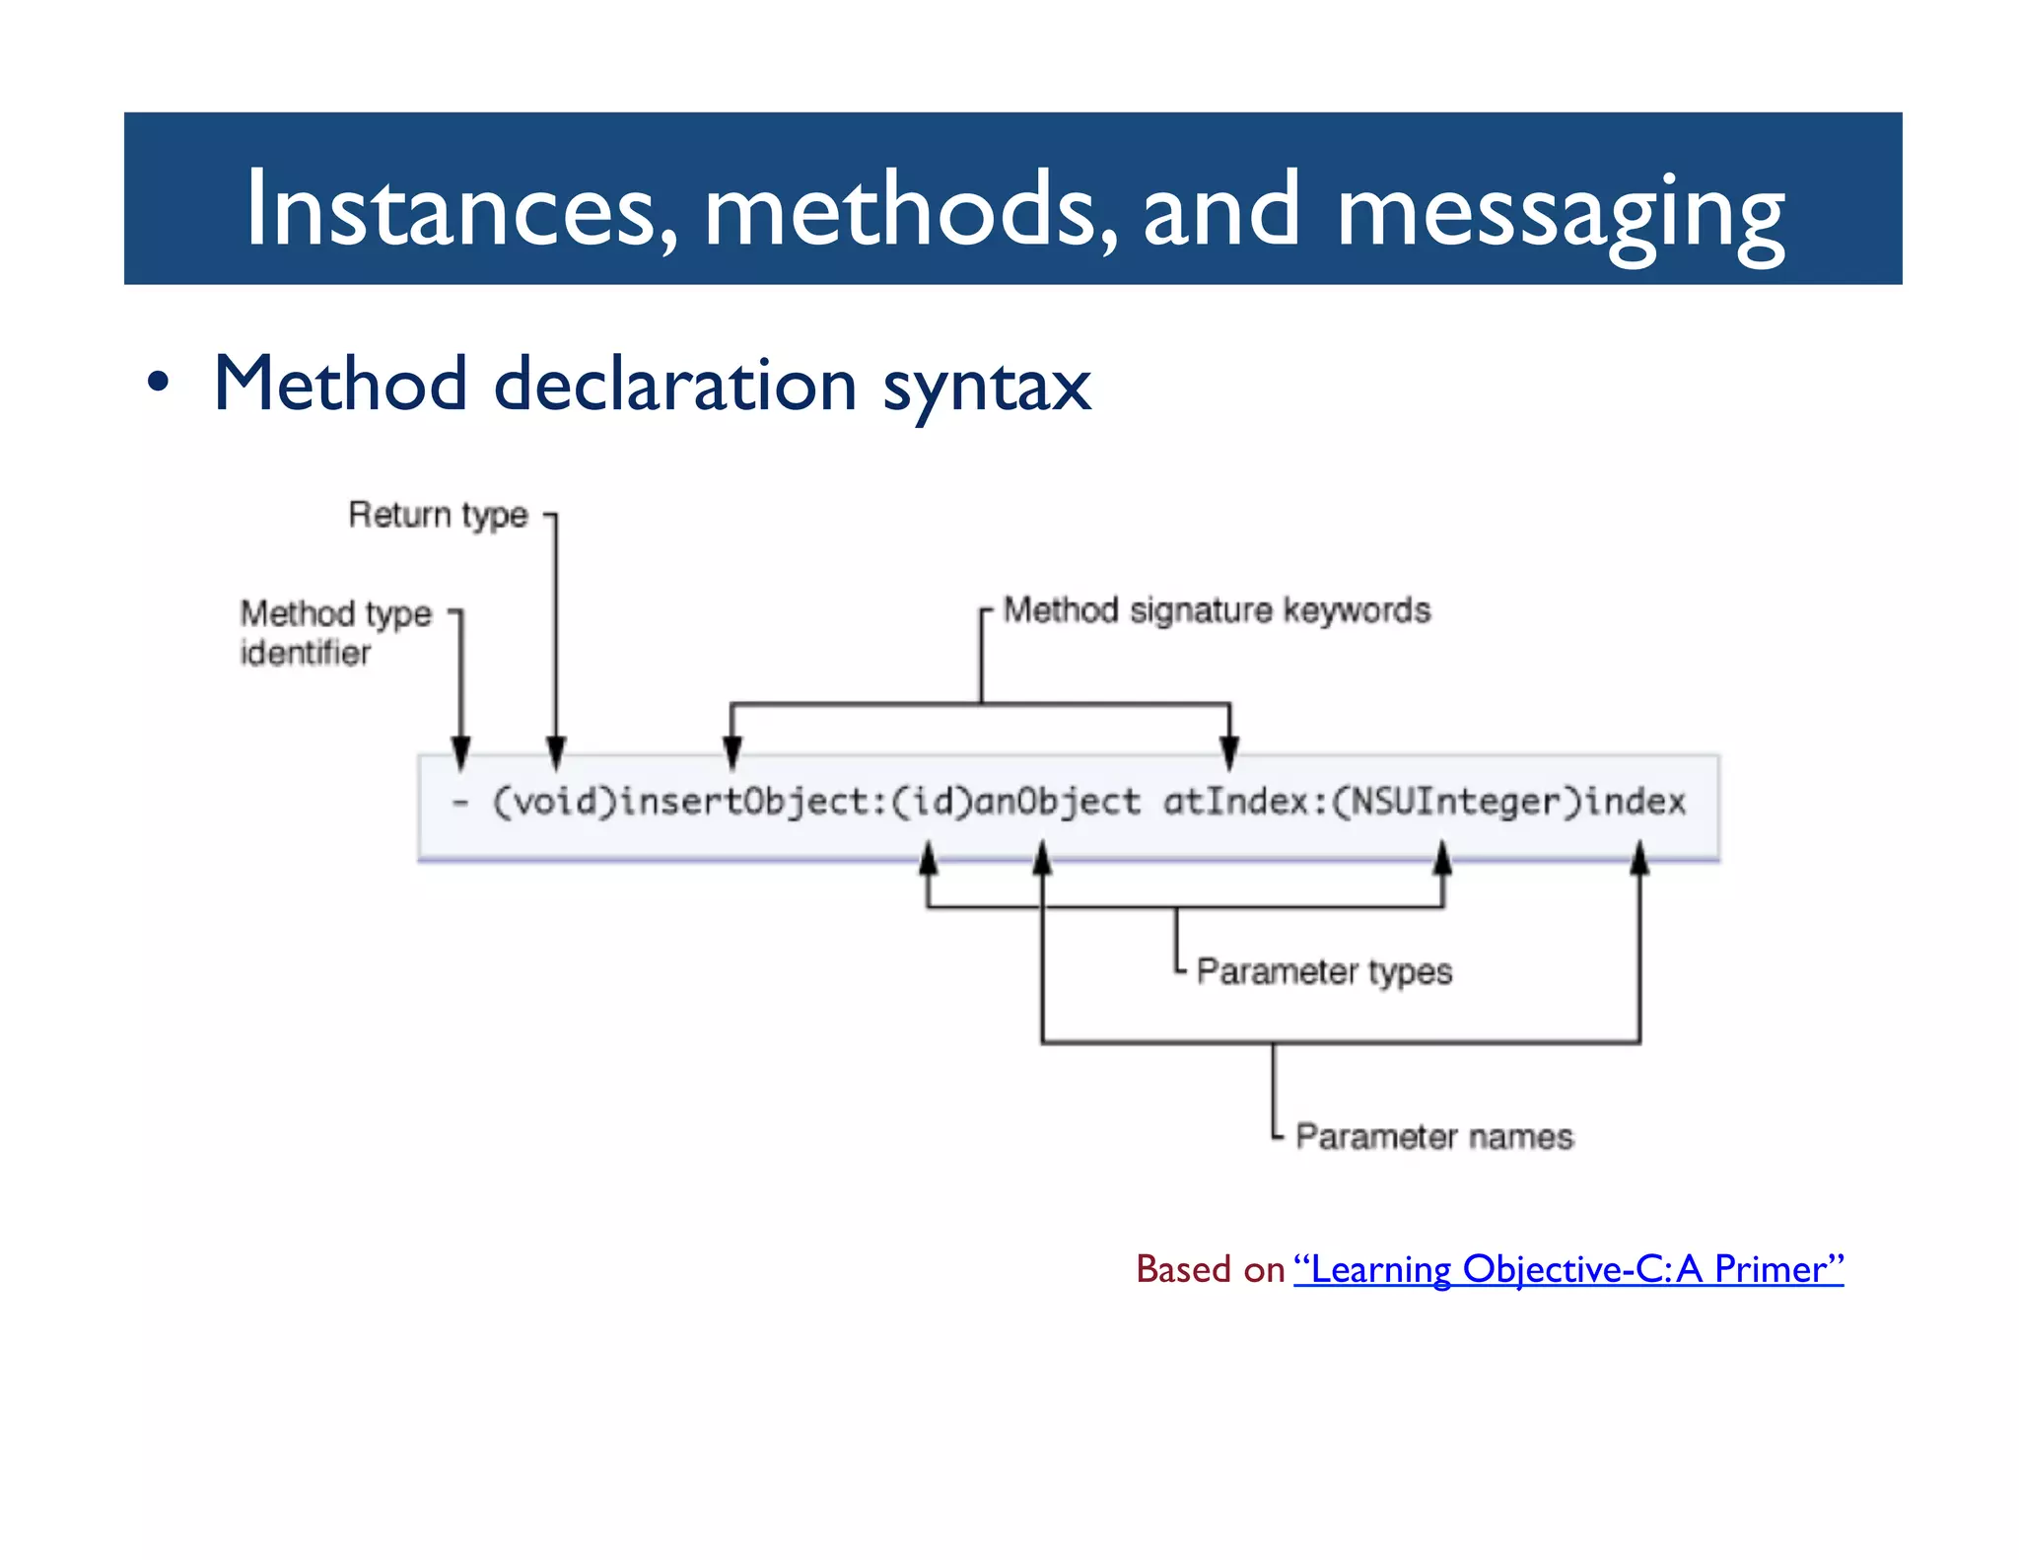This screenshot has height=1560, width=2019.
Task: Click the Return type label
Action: coord(438,515)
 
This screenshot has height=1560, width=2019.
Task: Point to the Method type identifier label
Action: coord(335,632)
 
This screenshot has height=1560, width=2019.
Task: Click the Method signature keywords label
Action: coord(1217,610)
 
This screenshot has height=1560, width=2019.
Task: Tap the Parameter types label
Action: coord(1324,971)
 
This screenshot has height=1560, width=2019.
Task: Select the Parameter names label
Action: coord(1434,1136)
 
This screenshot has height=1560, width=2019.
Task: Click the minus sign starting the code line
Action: coord(459,803)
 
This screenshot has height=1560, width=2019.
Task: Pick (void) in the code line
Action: coord(554,802)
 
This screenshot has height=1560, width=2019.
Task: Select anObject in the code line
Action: coord(1058,802)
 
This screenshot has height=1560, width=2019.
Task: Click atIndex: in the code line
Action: coord(1247,802)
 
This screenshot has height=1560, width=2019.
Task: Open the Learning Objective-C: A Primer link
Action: coord(1567,1269)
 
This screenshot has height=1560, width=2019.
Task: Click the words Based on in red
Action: coord(1210,1269)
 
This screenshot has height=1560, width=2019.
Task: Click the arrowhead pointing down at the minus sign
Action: coord(460,753)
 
